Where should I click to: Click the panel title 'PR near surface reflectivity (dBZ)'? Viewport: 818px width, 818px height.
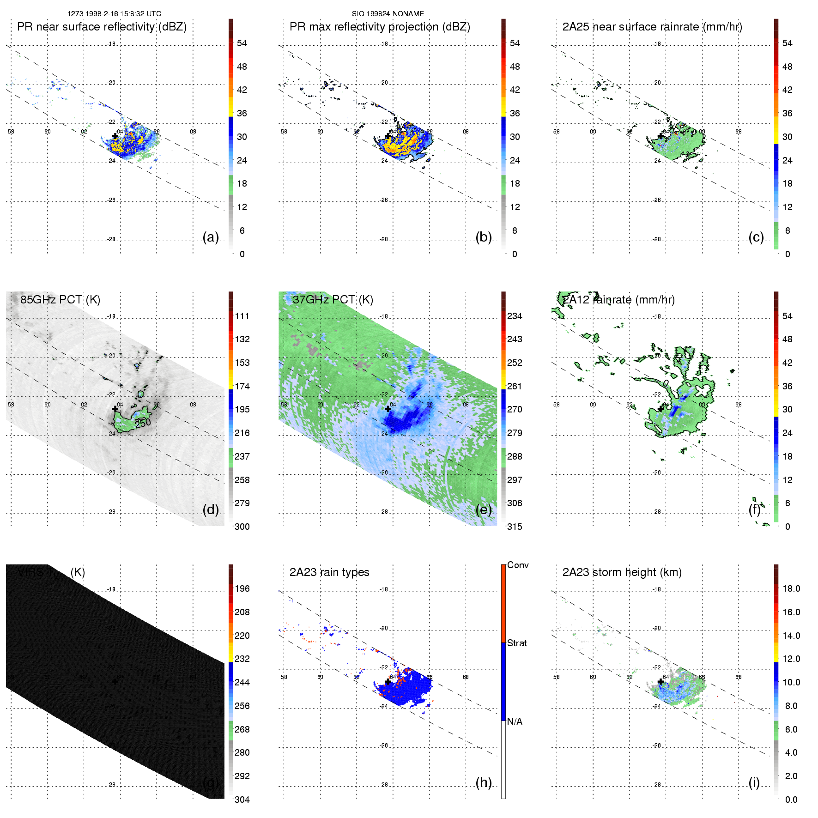[102, 27]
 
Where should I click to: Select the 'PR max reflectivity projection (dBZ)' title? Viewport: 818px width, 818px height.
[380, 27]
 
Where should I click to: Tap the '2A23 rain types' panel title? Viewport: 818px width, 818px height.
[329, 572]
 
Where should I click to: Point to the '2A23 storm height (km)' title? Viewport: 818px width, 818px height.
[622, 572]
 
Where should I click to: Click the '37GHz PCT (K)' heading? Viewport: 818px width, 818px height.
[333, 300]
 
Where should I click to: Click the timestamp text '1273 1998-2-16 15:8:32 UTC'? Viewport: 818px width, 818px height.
[114, 14]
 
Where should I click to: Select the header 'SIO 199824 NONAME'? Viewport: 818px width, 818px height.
[388, 14]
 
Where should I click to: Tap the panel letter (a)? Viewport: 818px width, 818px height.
[211, 237]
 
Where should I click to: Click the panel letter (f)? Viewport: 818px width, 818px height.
[755, 509]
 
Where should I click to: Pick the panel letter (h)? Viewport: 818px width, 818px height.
[484, 782]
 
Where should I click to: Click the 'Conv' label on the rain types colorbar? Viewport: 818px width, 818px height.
[518, 565]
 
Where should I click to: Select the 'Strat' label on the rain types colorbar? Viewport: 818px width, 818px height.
[517, 643]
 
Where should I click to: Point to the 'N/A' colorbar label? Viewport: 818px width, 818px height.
[515, 721]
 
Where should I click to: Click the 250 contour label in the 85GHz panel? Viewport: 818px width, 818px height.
[143, 423]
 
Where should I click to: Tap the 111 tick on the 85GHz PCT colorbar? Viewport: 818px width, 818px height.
[242, 316]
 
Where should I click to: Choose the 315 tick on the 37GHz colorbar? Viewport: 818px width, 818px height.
[515, 527]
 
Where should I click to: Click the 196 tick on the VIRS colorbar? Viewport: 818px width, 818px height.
[242, 588]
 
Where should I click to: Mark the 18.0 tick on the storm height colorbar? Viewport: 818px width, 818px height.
[791, 588]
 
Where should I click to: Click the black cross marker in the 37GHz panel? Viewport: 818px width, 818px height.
[388, 409]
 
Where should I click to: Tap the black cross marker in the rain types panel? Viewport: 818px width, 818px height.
[388, 682]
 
